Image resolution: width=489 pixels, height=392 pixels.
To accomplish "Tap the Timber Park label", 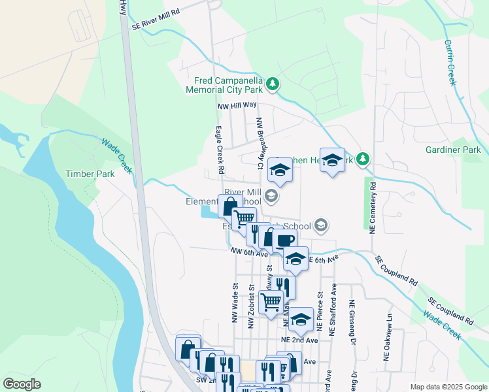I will pos(90,174).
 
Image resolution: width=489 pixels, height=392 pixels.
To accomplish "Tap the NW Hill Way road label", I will pos(237,105).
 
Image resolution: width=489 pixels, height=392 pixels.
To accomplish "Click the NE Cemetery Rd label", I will pos(373,208).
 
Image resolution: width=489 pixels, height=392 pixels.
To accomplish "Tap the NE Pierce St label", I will pos(320,311).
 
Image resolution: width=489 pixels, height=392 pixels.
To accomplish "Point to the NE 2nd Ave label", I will pos(299,340).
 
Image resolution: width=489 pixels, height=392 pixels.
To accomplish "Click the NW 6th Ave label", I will pos(249,252).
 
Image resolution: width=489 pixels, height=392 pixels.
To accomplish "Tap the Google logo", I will pos(22,384).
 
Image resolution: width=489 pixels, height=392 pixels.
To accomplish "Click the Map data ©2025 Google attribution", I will pos(448,387).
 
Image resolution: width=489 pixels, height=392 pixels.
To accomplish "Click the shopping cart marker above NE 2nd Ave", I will pos(271,302).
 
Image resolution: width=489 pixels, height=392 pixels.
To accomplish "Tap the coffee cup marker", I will pos(285,240).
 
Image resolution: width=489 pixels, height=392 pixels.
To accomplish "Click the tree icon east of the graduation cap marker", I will pos(365,159).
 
